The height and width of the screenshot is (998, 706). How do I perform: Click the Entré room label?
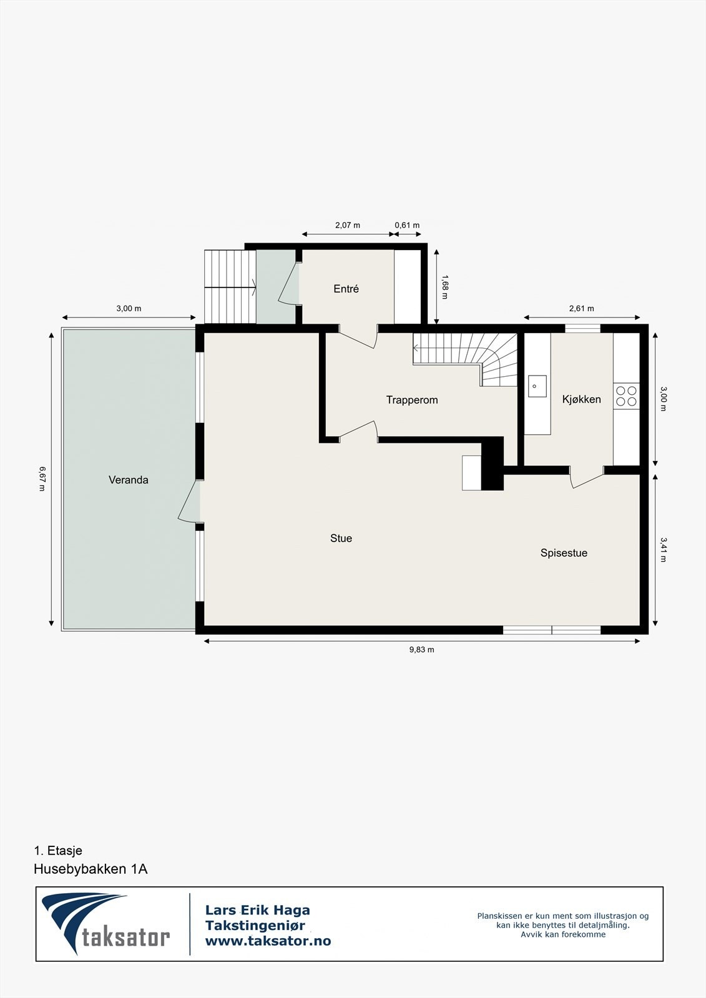point(346,289)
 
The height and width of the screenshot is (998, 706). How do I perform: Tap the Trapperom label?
point(412,400)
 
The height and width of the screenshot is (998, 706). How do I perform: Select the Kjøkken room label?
point(581,399)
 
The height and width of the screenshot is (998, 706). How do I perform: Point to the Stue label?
point(341,538)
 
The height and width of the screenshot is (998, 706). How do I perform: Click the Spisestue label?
point(564,553)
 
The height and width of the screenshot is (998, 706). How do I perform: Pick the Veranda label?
point(129,480)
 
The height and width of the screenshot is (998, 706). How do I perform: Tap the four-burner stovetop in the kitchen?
point(626,397)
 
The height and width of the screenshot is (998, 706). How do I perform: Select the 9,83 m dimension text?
point(421,650)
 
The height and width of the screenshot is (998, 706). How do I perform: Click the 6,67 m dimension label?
point(42,478)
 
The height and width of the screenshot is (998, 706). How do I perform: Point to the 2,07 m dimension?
point(348,225)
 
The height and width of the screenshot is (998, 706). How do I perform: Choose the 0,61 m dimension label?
point(407,225)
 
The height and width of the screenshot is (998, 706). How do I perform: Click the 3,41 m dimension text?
point(664,550)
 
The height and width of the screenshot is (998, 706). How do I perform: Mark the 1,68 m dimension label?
point(444,287)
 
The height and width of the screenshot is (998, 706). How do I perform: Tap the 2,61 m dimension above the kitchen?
point(581,308)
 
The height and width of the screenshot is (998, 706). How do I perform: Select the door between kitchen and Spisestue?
point(586,477)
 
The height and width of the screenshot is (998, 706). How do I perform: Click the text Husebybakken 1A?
point(91,869)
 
